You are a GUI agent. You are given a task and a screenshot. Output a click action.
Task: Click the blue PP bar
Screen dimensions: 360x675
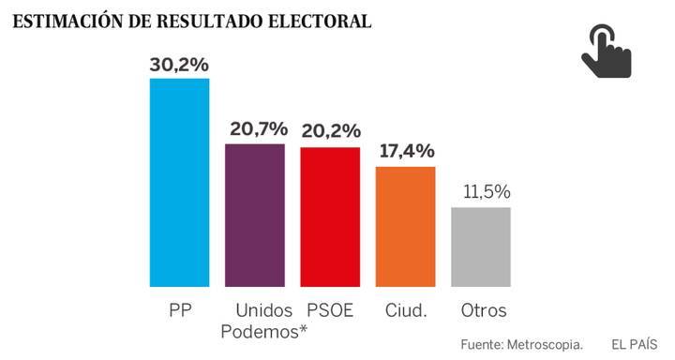(x=179, y=182)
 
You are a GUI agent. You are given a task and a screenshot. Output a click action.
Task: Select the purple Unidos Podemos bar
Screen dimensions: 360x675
(x=255, y=215)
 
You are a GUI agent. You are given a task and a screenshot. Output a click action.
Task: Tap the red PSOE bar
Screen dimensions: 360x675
(x=330, y=217)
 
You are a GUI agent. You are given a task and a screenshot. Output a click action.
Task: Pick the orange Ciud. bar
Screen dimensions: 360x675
(x=405, y=226)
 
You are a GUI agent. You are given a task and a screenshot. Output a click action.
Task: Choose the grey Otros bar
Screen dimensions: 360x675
(x=480, y=247)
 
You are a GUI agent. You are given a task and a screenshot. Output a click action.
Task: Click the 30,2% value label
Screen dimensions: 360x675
(x=179, y=65)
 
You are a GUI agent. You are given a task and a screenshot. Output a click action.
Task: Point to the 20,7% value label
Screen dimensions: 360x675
(x=255, y=130)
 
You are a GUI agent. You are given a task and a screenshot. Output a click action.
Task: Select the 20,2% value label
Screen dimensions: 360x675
(x=330, y=132)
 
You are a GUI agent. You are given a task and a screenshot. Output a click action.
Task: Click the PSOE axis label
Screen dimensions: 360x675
(x=330, y=310)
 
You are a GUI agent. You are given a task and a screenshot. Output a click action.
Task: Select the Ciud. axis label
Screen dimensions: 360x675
(x=406, y=310)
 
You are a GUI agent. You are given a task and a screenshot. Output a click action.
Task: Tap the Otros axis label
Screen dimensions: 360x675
(x=484, y=310)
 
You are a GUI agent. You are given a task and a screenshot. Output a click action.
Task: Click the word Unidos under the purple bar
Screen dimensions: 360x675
(x=264, y=310)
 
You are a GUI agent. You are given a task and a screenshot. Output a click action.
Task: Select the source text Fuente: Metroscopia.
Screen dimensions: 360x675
(x=521, y=345)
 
